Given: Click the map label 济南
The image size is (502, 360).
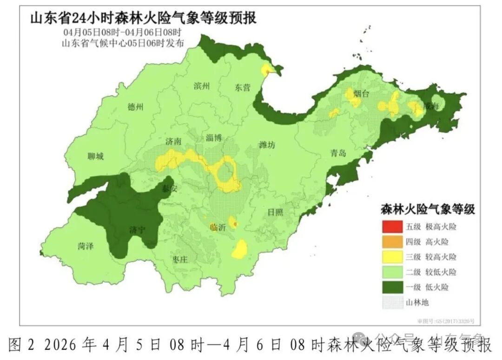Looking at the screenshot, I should [172, 141].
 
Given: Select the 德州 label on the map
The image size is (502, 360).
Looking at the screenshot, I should [135, 107].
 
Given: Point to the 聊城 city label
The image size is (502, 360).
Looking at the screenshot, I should [95, 156].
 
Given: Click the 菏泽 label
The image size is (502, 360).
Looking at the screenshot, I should [86, 247].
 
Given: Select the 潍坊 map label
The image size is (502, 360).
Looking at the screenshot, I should [267, 145].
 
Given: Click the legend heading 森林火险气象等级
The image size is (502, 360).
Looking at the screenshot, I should [427, 209].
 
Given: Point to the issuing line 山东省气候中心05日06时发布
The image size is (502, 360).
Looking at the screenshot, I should [123, 43].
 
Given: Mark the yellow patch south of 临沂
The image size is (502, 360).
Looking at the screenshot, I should [240, 249].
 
